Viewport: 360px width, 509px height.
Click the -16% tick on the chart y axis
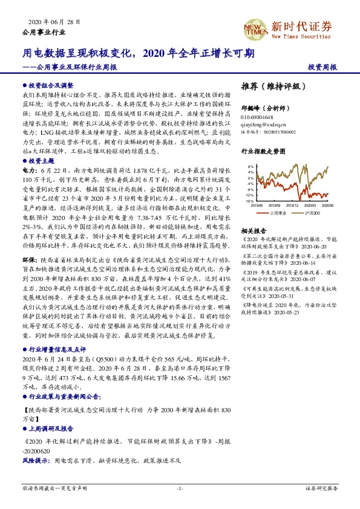pyautogui.click(x=249, y=200)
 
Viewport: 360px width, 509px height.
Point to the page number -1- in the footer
pyautogui.click(x=180, y=488)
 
